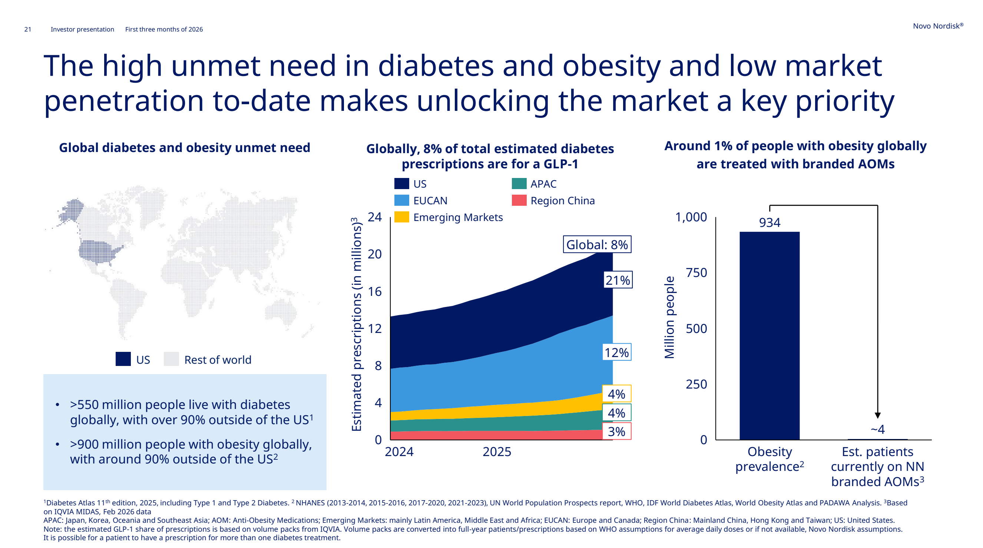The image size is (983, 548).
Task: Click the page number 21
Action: coord(27,29)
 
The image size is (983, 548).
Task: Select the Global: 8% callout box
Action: coord(597,245)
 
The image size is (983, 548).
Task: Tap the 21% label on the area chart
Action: coord(618,280)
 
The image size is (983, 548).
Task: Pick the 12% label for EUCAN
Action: coord(617,352)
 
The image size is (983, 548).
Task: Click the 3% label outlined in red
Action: coord(617,431)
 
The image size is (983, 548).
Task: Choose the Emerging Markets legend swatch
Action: coord(401,217)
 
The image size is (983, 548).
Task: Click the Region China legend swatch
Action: coord(519,200)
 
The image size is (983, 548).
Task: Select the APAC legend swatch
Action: coord(519,184)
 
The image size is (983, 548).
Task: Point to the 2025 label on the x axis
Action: coord(497,452)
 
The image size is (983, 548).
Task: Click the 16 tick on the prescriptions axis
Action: coord(374,291)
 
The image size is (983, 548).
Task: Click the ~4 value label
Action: coord(877,429)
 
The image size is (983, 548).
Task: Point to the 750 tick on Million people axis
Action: coord(696,273)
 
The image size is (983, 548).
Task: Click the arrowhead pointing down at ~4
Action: coord(878,416)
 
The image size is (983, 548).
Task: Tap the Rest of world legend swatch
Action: coord(171,359)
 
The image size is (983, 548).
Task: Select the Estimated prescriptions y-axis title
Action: coord(357,324)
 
